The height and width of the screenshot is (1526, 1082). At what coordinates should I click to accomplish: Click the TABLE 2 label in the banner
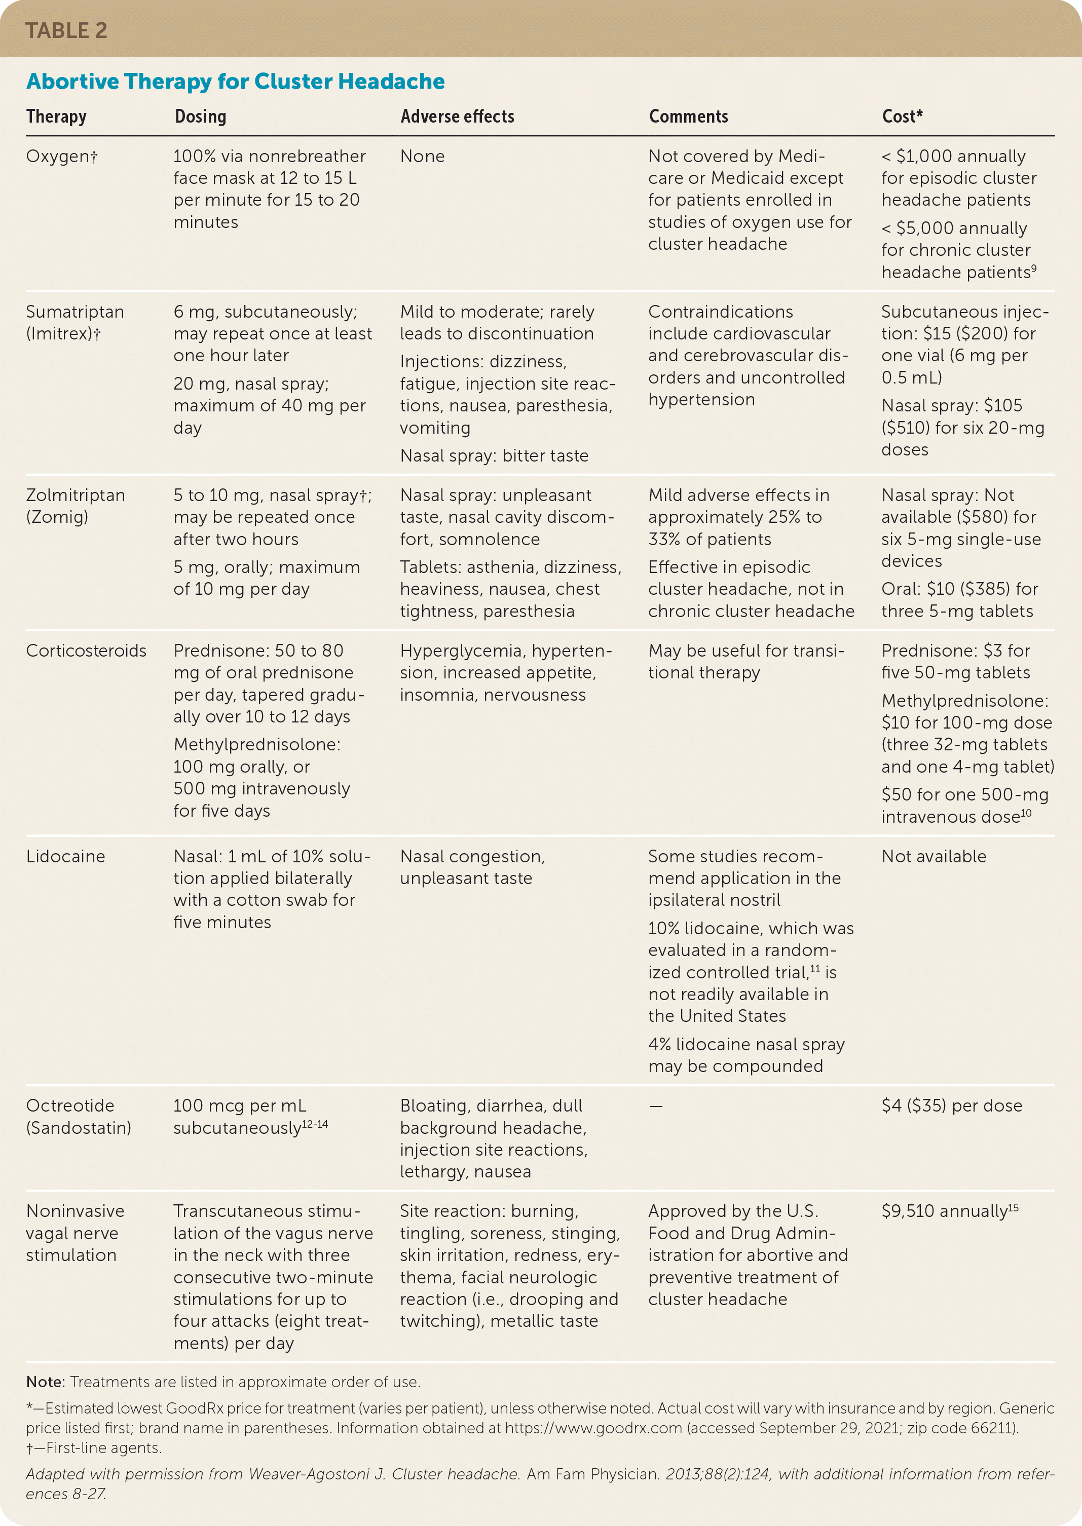point(66,30)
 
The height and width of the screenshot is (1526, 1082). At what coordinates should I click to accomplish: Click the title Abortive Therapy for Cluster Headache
point(235,81)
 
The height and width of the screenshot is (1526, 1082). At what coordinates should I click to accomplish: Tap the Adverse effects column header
point(457,117)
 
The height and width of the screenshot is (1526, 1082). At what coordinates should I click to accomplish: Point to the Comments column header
point(688,117)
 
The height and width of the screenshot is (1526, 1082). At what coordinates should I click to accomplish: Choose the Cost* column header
point(902,117)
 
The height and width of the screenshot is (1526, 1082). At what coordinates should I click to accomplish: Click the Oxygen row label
point(61,157)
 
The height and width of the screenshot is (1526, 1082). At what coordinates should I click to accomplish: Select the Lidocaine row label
point(65,857)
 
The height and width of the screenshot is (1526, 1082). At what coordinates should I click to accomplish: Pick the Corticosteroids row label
point(86,651)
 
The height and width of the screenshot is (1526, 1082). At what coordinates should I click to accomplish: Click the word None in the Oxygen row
point(422,157)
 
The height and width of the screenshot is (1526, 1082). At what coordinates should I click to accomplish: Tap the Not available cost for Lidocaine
point(934,857)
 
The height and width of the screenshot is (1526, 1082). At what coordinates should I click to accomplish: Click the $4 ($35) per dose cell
point(951,1105)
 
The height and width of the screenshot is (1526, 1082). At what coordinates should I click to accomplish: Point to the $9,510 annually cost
point(949,1211)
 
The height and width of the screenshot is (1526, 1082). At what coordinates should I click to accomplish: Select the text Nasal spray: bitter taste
point(494,455)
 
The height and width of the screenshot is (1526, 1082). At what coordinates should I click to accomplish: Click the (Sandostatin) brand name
point(79,1128)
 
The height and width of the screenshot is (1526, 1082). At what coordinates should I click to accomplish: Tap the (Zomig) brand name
point(57,517)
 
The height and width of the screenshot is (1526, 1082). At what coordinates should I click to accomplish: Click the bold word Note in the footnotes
point(45,1382)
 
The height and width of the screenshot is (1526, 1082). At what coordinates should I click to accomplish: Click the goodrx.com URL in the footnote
point(593,1428)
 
